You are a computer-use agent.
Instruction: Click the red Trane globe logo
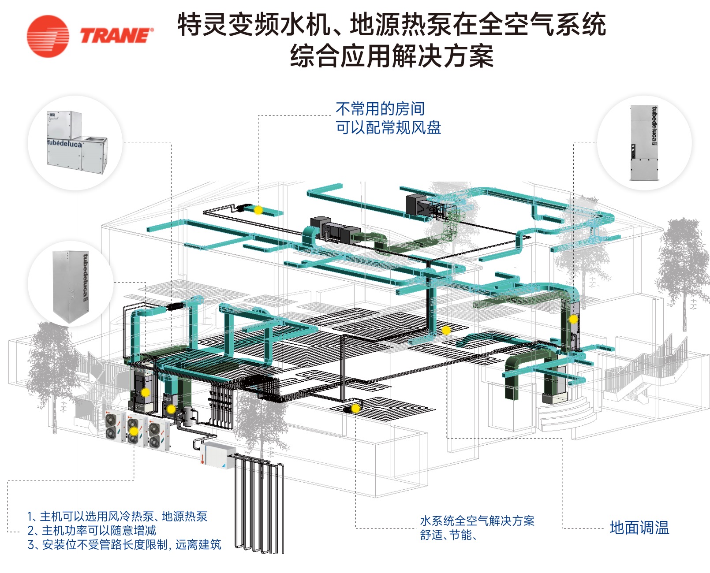(x=48, y=36)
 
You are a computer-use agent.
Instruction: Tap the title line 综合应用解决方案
(x=392, y=56)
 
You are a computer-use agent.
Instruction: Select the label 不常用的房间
(x=380, y=108)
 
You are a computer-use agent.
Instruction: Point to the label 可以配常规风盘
(x=388, y=128)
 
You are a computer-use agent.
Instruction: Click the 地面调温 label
(x=639, y=528)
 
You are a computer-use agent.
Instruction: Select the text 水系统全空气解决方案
(x=477, y=521)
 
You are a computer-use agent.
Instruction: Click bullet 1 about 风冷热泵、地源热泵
(x=117, y=516)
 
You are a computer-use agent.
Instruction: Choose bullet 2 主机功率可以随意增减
(x=92, y=530)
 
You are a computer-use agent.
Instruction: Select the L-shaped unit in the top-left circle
(x=76, y=142)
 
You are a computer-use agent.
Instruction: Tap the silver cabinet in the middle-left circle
(x=71, y=284)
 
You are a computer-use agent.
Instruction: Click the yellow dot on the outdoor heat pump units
(x=133, y=431)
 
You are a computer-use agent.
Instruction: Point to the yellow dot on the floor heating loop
(x=355, y=409)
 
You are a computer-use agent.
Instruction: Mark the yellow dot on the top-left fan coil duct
(x=258, y=210)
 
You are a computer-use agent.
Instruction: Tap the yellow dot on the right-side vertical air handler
(x=573, y=319)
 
